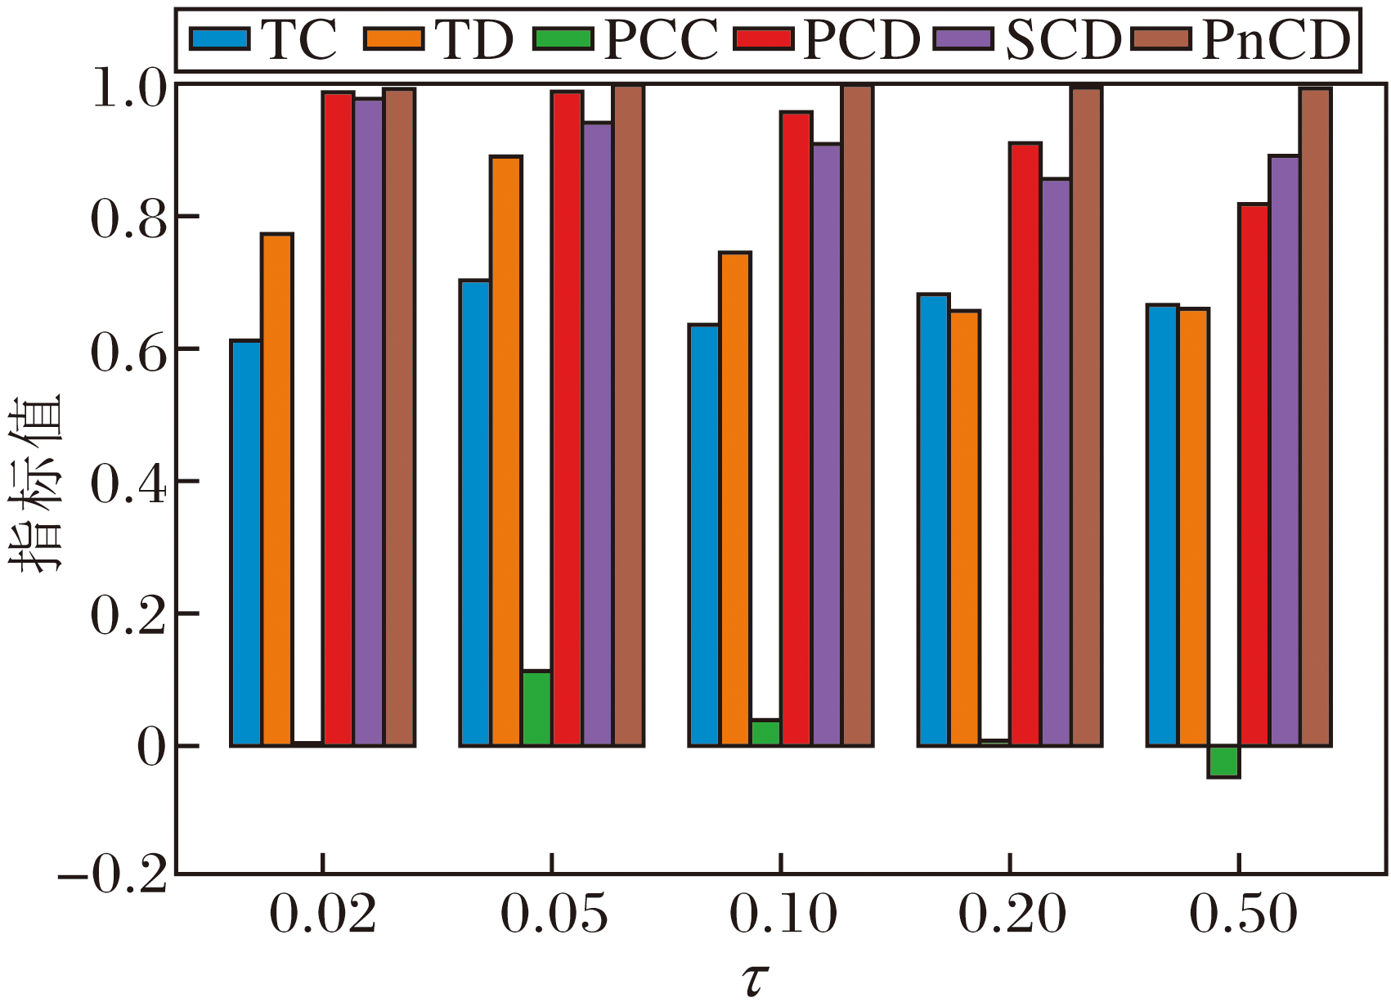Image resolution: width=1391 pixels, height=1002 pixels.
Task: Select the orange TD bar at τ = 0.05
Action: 506,451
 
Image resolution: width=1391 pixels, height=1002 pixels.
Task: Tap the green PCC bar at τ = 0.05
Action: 536,708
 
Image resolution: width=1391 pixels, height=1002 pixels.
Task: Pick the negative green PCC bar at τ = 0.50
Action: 1223,762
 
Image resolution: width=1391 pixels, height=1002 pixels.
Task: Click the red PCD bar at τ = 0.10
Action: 796,429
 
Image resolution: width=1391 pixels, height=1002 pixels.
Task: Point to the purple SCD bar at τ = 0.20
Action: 1056,462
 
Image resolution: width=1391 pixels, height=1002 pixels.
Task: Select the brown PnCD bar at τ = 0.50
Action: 1316,417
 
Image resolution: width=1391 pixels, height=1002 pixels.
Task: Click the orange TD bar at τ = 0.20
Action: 965,528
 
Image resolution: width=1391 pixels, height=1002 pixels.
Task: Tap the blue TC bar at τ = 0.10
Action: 704,535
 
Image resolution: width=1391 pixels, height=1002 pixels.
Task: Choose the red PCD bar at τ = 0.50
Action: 1254,474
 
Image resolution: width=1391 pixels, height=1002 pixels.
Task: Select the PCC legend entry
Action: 626,39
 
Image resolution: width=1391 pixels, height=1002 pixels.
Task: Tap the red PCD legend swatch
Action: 763,39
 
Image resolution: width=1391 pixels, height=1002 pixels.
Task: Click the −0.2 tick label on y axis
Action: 114,876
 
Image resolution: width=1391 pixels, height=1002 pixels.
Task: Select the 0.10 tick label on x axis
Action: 783,914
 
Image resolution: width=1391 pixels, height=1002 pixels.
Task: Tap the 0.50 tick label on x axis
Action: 1242,914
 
